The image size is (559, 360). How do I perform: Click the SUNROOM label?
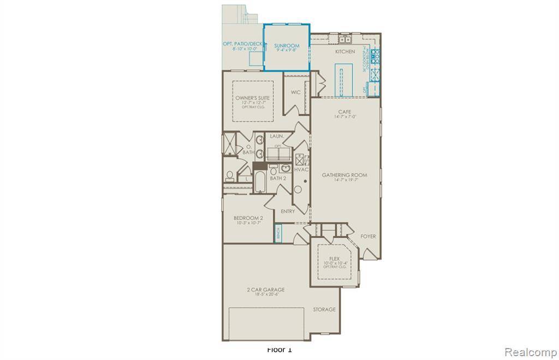coord(287,46)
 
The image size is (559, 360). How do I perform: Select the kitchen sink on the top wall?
coord(345,40)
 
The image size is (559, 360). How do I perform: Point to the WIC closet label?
coord(295,92)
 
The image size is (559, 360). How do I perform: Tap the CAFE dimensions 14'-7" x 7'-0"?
coord(344,117)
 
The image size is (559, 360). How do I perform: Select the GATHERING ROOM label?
coord(344,175)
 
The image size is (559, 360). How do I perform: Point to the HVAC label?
coord(301,170)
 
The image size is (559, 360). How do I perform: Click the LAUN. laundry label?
coord(276,136)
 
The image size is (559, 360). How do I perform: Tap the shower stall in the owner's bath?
coord(227,145)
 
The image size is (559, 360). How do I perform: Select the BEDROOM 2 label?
coord(248,218)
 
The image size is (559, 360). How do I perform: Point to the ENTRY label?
coord(288,211)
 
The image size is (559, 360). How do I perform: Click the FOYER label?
coord(368,236)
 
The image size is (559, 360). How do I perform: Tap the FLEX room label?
coord(335,259)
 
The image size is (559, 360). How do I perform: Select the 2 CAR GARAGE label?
coord(266,290)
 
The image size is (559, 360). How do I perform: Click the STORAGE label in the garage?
coord(324,309)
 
